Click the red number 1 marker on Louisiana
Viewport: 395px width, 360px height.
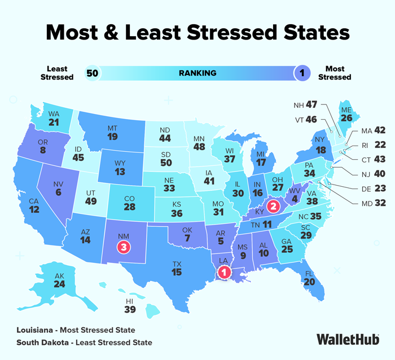(224, 273)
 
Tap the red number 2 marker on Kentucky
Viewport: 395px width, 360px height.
(273, 206)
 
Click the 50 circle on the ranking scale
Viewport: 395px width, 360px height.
(92, 73)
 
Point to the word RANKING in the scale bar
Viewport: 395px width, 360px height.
(197, 73)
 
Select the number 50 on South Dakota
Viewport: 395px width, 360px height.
(165, 163)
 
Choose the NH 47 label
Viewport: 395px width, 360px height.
(306, 106)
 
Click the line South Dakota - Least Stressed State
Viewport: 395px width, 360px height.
(84, 343)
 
